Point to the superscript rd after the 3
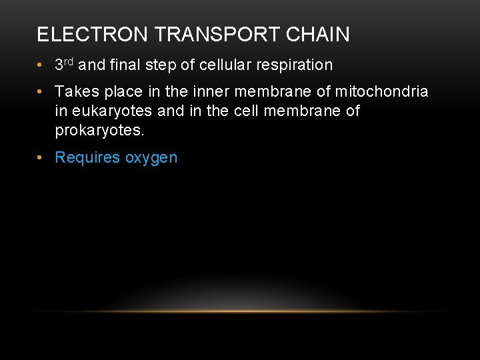pyautogui.click(x=69, y=62)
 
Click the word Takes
pyautogui.click(x=75, y=91)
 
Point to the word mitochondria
pyautogui.click(x=381, y=91)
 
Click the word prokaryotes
pyautogui.click(x=99, y=131)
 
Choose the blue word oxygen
pyautogui.click(x=151, y=159)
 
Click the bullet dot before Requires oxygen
pyautogui.click(x=41, y=158)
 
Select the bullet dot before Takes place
pyautogui.click(x=41, y=91)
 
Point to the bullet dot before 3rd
pyautogui.click(x=41, y=65)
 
